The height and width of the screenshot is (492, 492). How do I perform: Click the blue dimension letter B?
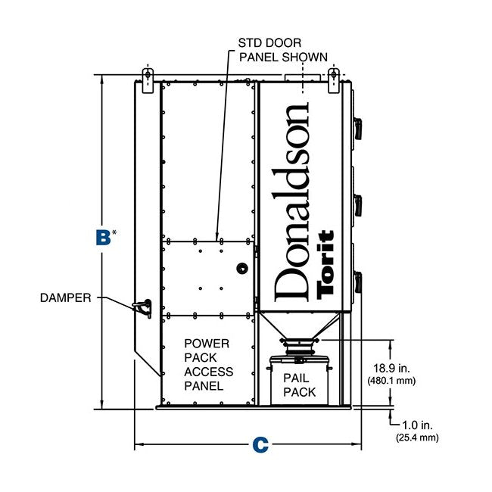coord(103,237)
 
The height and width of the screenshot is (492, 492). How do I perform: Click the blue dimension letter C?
coord(260,444)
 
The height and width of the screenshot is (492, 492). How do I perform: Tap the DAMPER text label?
coord(66,297)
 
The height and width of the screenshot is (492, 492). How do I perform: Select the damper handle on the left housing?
coord(142,308)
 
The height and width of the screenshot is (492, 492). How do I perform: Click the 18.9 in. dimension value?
coord(391,368)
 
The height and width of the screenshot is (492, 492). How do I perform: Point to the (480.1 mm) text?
coord(391,381)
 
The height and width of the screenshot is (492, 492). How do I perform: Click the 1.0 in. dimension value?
coord(417,425)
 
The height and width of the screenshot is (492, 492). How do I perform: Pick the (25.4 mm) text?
coord(417,438)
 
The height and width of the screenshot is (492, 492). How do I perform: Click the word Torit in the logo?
coord(325,264)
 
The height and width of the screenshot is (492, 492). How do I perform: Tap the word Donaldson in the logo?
coord(291,202)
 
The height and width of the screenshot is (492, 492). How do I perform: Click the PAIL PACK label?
coord(299,385)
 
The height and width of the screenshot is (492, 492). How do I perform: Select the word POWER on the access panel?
coord(207,344)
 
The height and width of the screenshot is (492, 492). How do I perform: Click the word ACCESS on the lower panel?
coord(208,372)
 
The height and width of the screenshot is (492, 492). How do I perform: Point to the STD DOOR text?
coord(269,42)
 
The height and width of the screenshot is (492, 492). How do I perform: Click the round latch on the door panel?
coord(242,269)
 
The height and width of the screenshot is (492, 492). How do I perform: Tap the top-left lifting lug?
coord(148,80)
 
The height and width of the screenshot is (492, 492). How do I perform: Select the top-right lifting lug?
coord(334,80)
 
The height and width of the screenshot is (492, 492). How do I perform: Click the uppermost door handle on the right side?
coord(358,129)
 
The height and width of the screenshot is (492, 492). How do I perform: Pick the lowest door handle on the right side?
coord(358,282)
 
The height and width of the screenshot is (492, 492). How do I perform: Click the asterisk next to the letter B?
coord(114,232)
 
